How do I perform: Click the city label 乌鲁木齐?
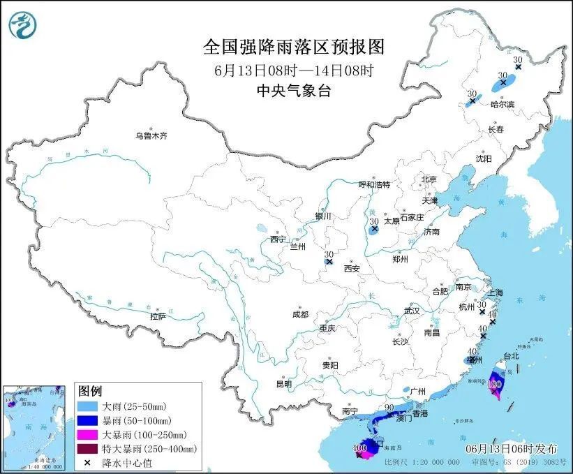151,136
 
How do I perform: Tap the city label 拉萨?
157,316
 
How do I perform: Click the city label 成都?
301,314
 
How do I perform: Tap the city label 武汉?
412,310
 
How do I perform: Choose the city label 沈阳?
484,158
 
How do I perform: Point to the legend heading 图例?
90,390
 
